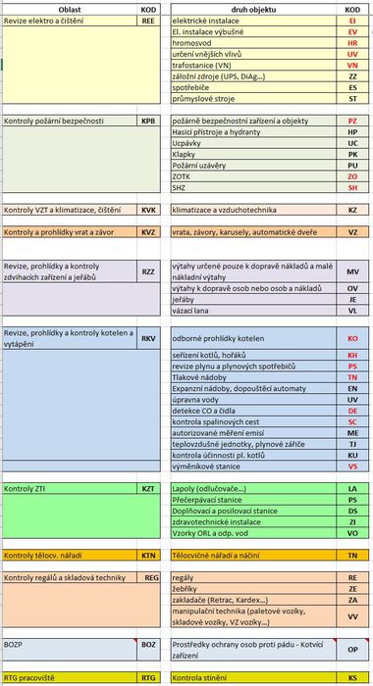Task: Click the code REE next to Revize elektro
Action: click(149, 20)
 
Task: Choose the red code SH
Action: click(352, 186)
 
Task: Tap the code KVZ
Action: click(149, 232)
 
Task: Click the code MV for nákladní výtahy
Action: click(352, 271)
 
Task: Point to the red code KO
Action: click(352, 338)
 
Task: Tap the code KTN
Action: click(149, 555)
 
